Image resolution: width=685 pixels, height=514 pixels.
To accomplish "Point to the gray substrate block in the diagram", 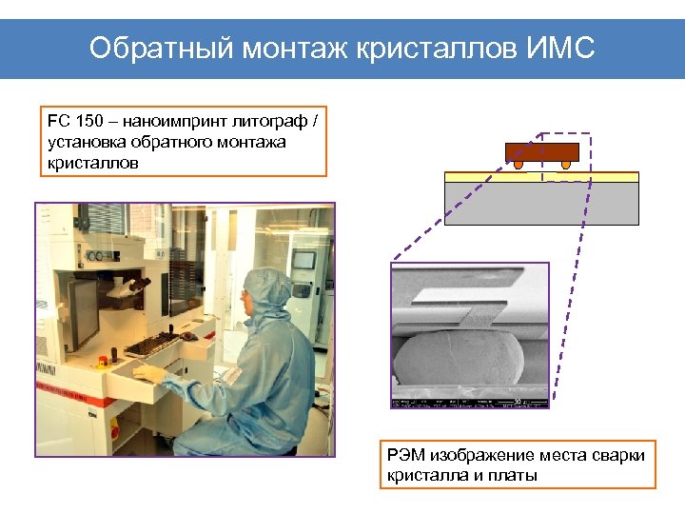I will click(x=541, y=203).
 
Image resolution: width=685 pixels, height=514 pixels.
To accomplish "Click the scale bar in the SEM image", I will click(x=519, y=401).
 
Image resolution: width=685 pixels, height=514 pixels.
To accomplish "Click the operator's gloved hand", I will click(x=174, y=385).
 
